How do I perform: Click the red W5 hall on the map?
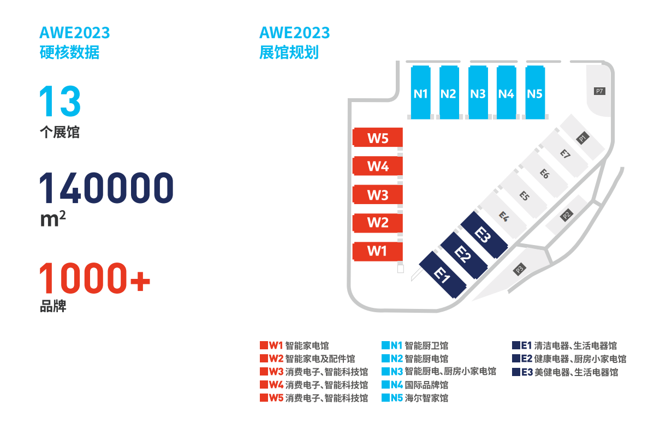378,138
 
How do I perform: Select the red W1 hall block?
378,252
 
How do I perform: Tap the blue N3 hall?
478,93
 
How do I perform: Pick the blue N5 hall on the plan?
535,93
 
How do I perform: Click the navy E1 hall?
442,275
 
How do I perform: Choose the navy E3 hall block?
484,235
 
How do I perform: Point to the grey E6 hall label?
545,174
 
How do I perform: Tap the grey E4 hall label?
504,216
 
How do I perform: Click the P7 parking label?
599,91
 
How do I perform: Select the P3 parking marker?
519,270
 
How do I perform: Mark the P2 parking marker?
567,214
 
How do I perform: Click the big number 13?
60,101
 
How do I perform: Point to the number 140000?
106,188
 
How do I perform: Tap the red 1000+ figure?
95,278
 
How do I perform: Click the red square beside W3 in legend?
264,371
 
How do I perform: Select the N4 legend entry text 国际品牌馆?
426,385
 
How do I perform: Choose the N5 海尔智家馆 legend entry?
415,398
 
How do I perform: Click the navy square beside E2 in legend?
516,358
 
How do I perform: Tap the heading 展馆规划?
289,52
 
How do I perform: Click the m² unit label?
53,218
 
